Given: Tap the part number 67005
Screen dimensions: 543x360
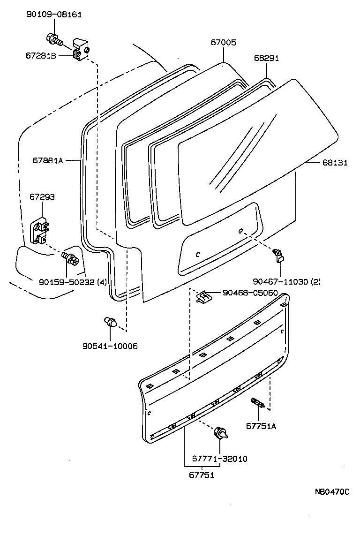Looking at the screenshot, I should [223, 42].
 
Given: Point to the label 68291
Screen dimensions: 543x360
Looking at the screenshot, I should [266, 58].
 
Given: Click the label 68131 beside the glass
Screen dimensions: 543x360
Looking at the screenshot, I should [335, 162].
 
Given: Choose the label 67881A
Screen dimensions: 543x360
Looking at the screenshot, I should [47, 160].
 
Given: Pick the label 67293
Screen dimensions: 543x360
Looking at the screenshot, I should [42, 197].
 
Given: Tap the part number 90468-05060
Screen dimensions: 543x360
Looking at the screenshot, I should [250, 293].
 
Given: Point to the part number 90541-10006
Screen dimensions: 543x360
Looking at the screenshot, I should [110, 346].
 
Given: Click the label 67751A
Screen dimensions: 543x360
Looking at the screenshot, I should [261, 426].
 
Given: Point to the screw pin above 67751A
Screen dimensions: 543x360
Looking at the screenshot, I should [258, 403].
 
